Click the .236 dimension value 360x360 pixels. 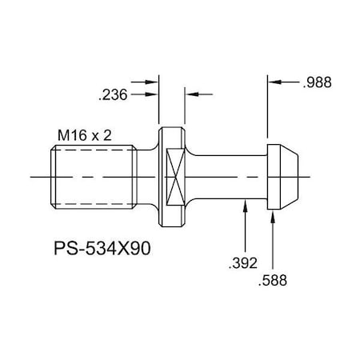112,94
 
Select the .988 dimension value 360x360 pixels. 318,82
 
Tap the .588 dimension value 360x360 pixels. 274,280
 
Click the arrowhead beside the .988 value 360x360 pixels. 274,81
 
